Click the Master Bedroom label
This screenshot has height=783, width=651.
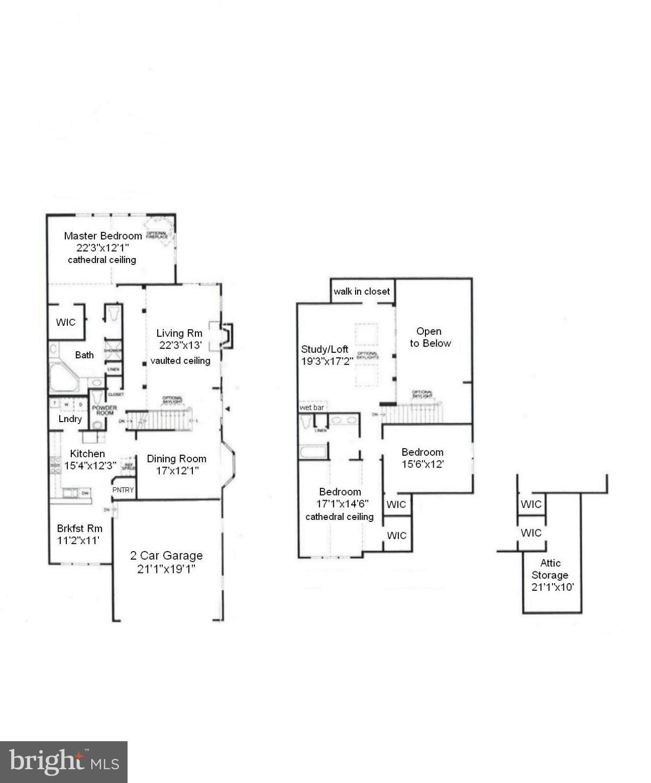click(x=103, y=236)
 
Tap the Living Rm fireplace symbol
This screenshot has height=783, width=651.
click(x=227, y=335)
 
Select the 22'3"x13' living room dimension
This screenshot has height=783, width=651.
click(x=181, y=345)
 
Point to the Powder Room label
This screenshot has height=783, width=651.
click(x=104, y=410)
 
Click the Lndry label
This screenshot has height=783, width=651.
click(x=70, y=419)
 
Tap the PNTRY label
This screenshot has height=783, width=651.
click(x=123, y=490)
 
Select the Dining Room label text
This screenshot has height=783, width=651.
click(x=177, y=458)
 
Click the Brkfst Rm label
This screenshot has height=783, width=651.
click(x=79, y=528)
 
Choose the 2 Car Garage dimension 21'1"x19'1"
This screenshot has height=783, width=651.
click(x=166, y=569)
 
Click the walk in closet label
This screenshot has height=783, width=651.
click(x=362, y=291)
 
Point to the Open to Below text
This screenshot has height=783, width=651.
click(x=430, y=337)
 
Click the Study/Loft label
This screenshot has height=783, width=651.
click(x=324, y=349)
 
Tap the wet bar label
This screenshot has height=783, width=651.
click(x=312, y=408)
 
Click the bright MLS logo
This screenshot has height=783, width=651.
click(x=64, y=762)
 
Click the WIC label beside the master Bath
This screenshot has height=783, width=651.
click(x=65, y=322)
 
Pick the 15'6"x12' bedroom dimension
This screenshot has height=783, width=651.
click(x=422, y=464)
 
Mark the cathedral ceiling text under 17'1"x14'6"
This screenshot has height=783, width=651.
click(x=339, y=516)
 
